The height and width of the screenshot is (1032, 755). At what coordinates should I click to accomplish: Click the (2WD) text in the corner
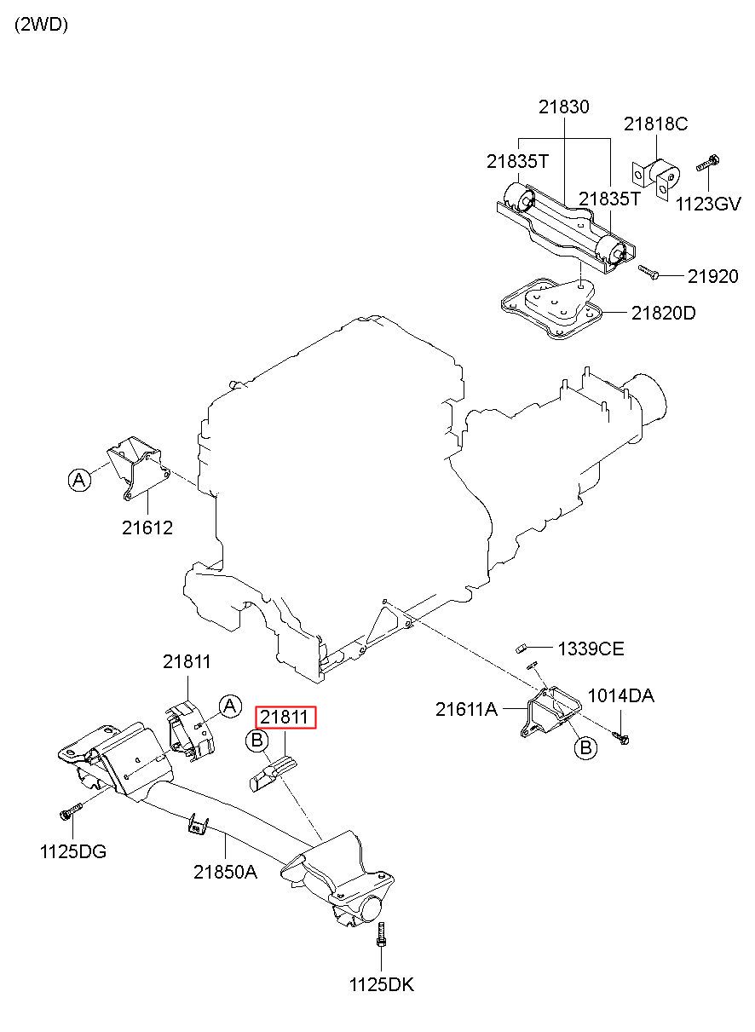coord(42,25)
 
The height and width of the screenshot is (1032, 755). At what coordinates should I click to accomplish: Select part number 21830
coord(564,107)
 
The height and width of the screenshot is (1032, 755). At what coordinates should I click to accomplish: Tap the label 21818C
coord(655,124)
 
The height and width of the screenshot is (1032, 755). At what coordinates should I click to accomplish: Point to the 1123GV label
coord(708,204)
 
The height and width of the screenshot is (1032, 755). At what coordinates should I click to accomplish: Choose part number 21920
coord(713,276)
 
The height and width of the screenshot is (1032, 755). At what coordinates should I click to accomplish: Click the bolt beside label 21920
coord(648,272)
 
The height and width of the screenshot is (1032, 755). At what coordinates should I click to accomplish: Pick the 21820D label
coord(663,314)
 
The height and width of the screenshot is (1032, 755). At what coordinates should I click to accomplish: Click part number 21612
coord(147,528)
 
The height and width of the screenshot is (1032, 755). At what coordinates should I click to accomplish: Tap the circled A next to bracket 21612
coord(79,480)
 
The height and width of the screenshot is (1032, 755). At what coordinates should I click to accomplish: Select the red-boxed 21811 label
coord(285,718)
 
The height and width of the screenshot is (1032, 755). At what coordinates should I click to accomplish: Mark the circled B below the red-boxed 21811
coord(257,741)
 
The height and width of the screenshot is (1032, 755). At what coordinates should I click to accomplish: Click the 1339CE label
coord(591,649)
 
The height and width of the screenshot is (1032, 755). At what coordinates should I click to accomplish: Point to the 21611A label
coord(467,710)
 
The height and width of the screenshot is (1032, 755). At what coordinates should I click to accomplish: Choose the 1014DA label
coord(621,695)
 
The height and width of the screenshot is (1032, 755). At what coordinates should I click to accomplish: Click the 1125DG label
coord(73,852)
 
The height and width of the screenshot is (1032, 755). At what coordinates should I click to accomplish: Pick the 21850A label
coord(225,872)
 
